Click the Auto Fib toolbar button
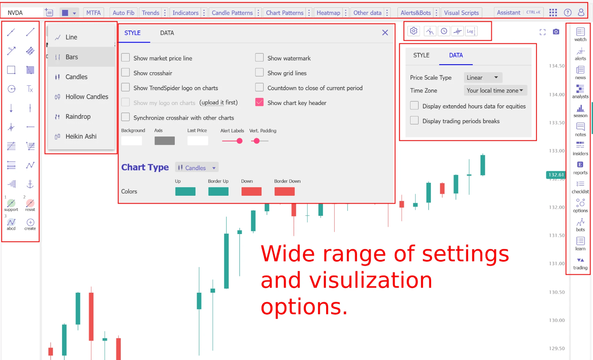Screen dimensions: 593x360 pos(123,13)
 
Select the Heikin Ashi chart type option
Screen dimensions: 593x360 pos(81,136)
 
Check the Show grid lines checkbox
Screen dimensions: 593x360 pos(259,73)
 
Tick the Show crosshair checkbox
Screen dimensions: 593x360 pos(125,73)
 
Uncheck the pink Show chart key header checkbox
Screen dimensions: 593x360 pos(259,102)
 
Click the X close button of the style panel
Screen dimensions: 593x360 pos(385,33)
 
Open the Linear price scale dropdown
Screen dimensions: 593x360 pos(483,77)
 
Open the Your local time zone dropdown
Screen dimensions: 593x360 pos(495,90)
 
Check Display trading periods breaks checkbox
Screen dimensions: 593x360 pos(414,120)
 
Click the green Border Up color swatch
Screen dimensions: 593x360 pos(218,191)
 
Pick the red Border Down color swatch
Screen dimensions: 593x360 pos(284,191)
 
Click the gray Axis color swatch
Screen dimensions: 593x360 pos(165,141)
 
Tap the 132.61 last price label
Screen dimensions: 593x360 pos(556,175)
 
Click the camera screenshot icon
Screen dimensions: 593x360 pos(556,32)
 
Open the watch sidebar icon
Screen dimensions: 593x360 pos(580,35)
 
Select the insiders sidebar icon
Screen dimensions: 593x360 pos(580,149)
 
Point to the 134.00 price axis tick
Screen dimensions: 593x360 pos(557,94)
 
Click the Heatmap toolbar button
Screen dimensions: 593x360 pos(328,13)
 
